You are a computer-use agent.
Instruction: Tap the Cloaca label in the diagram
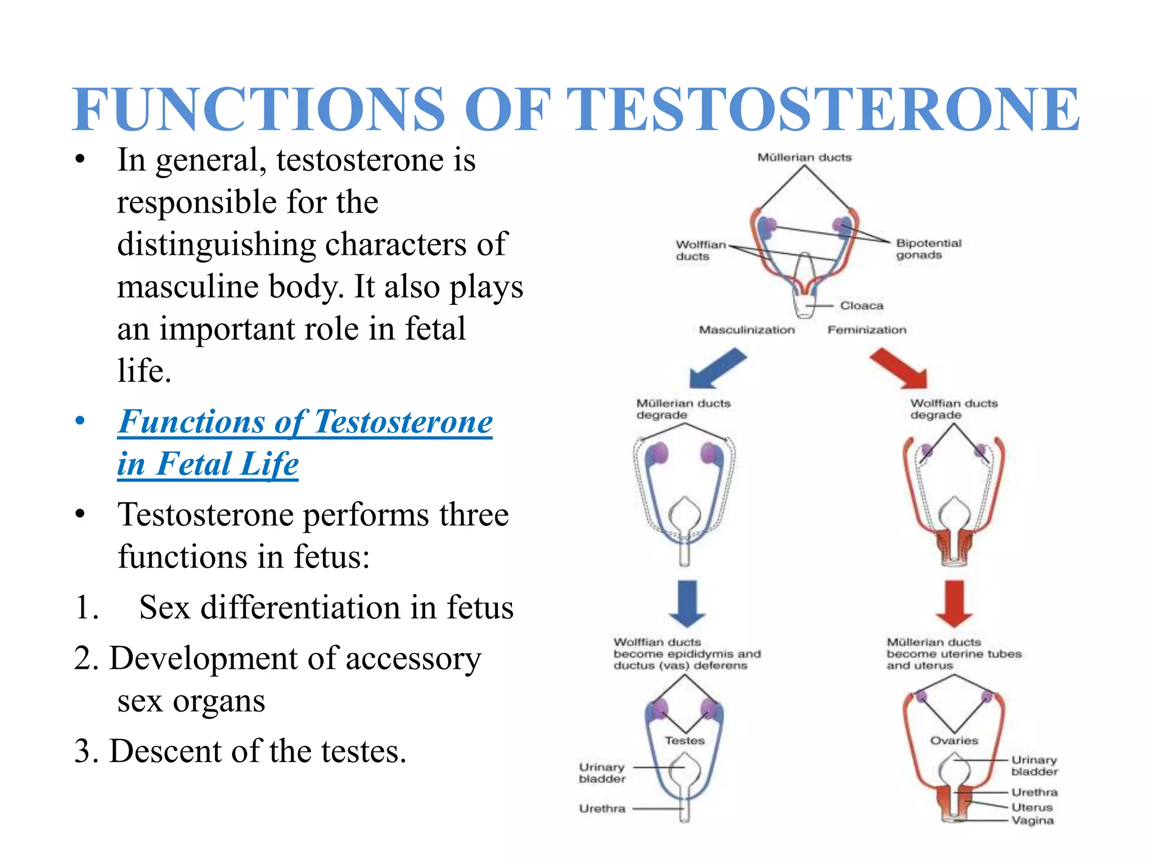861,305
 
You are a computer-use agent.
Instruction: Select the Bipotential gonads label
928,249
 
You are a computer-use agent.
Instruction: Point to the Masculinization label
746,330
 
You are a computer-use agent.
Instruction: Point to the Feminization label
867,330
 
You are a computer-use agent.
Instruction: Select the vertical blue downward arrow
687,604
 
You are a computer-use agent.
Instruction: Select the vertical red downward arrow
954,604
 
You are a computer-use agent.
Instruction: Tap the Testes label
685,741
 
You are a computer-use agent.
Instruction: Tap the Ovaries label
954,741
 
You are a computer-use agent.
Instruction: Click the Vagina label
1032,821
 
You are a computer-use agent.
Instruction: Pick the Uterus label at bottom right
1032,807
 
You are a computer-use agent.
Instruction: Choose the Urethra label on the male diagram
602,808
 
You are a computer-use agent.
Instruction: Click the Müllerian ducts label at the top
804,157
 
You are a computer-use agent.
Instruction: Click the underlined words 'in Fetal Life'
208,464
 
